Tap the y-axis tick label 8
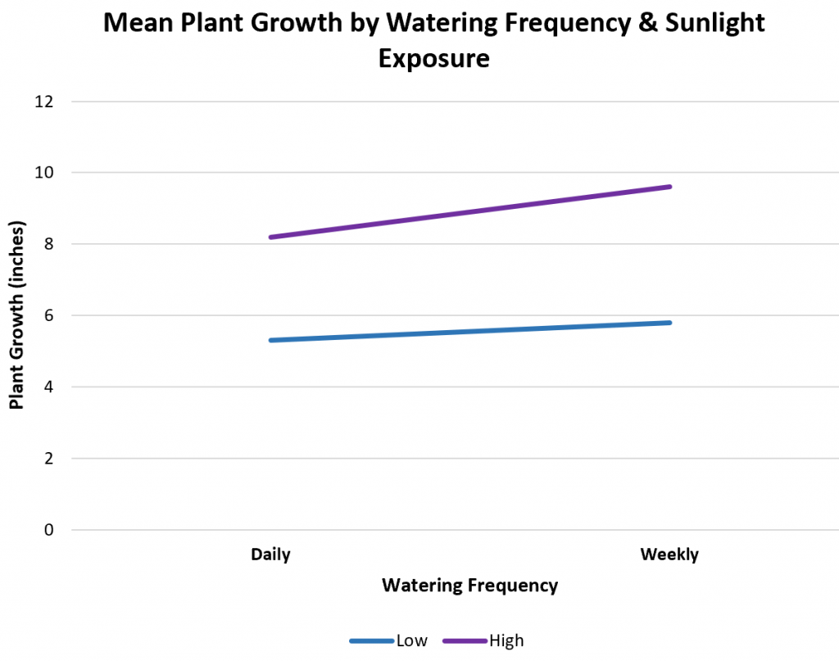[x=48, y=244]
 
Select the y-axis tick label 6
[x=48, y=315]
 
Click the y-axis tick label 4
[x=48, y=387]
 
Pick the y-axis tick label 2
[x=48, y=459]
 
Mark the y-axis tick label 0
[x=48, y=530]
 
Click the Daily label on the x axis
[x=270, y=555]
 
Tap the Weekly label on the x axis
[x=669, y=555]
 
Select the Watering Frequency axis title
[x=469, y=586]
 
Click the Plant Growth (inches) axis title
[x=16, y=315]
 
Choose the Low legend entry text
[x=411, y=641]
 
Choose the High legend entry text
[x=506, y=641]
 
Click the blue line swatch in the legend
[x=371, y=641]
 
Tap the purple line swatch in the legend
[x=465, y=641]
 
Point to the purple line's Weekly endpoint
[x=670, y=187]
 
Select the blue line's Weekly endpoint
[x=670, y=323]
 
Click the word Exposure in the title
[x=433, y=59]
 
